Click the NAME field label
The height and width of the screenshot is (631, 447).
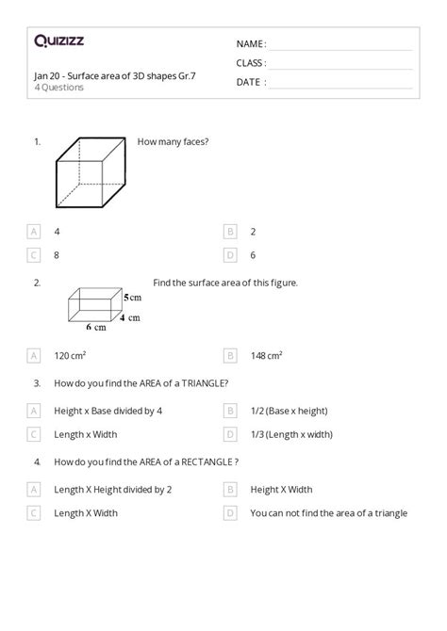tap(251, 43)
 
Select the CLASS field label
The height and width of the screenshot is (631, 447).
tap(251, 63)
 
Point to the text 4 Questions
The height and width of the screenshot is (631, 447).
tap(58, 88)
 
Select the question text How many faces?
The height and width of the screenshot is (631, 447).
tap(173, 141)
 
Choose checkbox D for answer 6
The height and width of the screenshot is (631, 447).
tap(230, 254)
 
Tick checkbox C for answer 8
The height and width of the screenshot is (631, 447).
tap(34, 254)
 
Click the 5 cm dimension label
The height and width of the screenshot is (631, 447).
tap(132, 297)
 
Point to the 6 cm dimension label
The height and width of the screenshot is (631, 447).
tap(95, 327)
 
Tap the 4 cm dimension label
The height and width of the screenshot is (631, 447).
tap(131, 317)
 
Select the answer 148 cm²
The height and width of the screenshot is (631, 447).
tap(266, 356)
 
